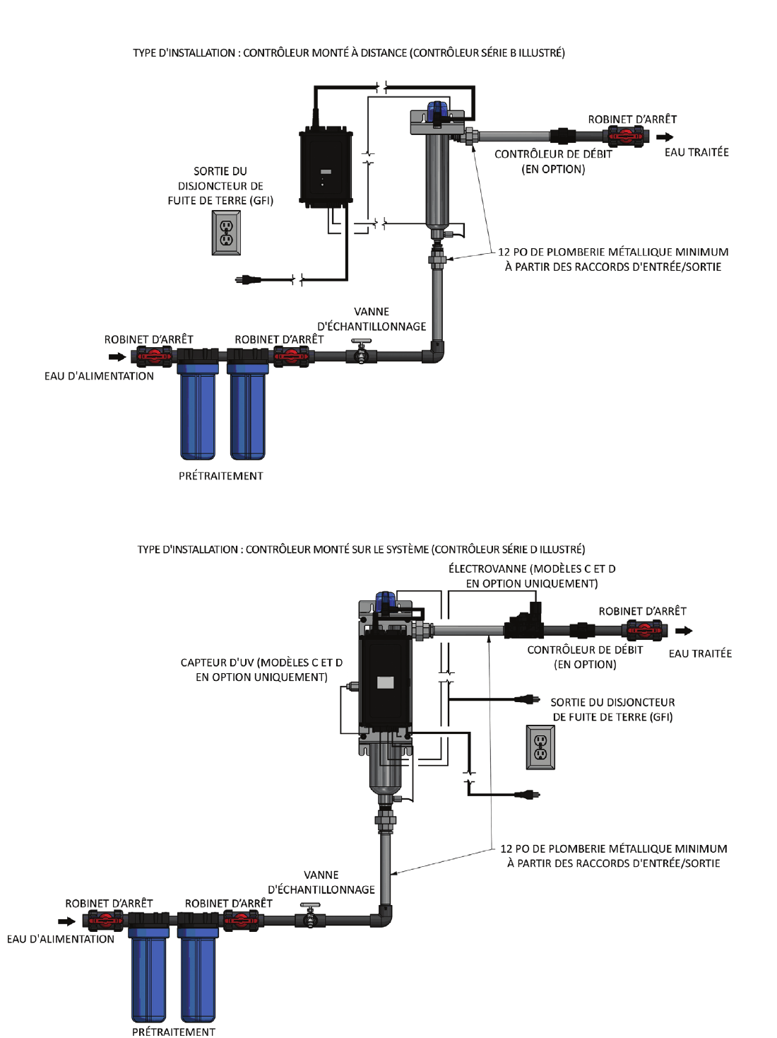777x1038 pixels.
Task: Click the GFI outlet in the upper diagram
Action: coord(226,233)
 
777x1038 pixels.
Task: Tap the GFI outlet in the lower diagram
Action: coord(540,747)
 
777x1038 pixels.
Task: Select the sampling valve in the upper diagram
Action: coord(362,351)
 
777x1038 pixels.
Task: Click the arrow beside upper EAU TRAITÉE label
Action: coord(665,137)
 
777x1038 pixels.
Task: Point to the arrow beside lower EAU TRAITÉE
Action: coord(684,631)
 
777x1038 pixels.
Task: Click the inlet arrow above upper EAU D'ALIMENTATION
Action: coord(117,357)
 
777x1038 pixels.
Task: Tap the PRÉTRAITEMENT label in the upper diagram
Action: coord(220,476)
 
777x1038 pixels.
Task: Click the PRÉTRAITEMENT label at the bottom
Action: coord(174,1032)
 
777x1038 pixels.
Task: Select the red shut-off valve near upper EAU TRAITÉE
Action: coord(627,136)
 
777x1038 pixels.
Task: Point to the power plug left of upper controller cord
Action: coord(247,280)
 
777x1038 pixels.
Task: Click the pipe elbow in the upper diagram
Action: coord(435,352)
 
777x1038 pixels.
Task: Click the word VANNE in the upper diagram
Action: coord(372,311)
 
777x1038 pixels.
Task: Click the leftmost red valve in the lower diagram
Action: coord(105,921)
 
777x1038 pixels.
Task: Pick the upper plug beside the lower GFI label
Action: coord(525,699)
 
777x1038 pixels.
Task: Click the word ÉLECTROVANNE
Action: coord(488,568)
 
